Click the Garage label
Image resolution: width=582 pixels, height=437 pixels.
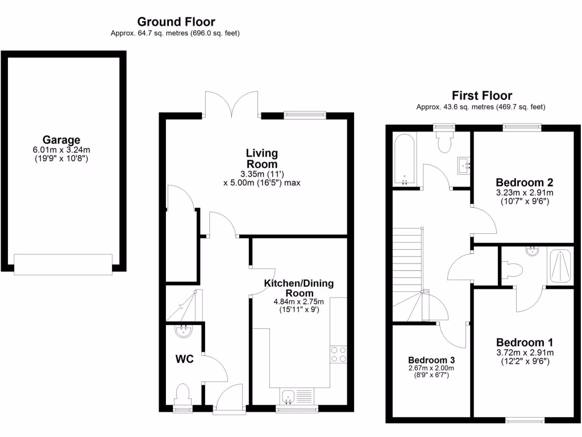click(x=61, y=140)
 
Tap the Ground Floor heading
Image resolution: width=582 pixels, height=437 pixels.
click(x=176, y=22)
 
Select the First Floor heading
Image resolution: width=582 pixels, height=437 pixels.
click(x=481, y=96)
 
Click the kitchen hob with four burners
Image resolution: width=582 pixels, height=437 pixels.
click(x=339, y=354)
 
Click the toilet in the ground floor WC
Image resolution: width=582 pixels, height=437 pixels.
click(x=182, y=394)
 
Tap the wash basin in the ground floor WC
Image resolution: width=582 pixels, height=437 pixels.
click(x=183, y=331)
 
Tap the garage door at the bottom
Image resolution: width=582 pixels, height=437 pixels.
click(x=63, y=265)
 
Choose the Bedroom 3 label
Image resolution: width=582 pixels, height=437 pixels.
click(x=431, y=360)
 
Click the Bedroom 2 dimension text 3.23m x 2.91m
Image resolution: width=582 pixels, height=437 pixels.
click(x=524, y=193)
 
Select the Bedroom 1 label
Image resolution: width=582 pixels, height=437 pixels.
click(x=524, y=343)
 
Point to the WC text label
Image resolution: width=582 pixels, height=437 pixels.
click(x=184, y=359)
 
